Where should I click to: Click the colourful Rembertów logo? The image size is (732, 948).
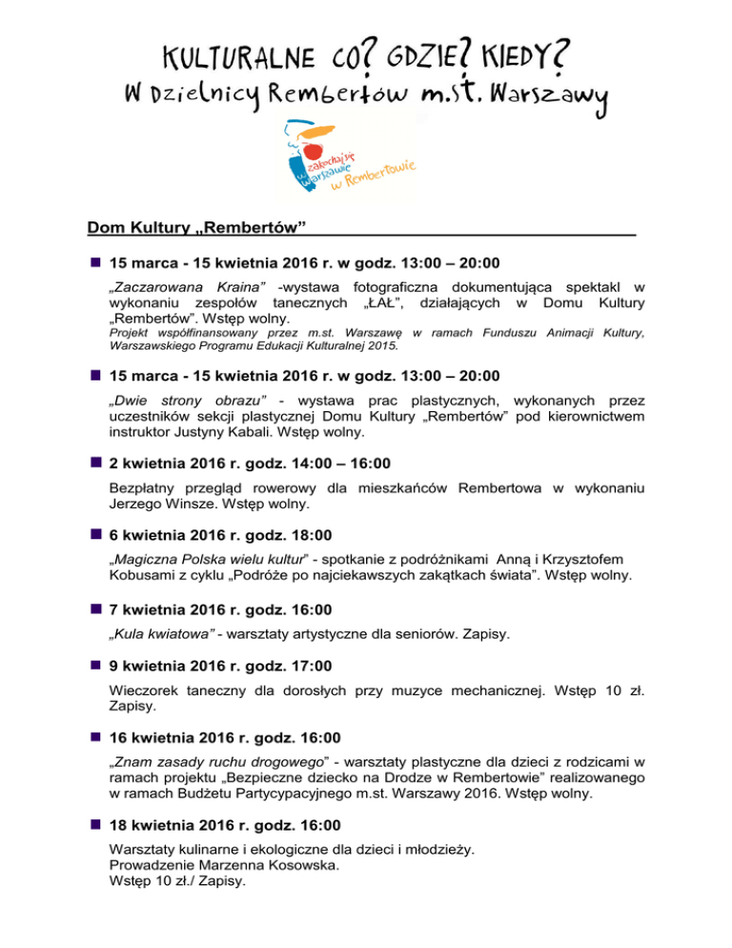[x=342, y=156]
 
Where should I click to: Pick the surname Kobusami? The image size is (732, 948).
[x=148, y=576]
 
